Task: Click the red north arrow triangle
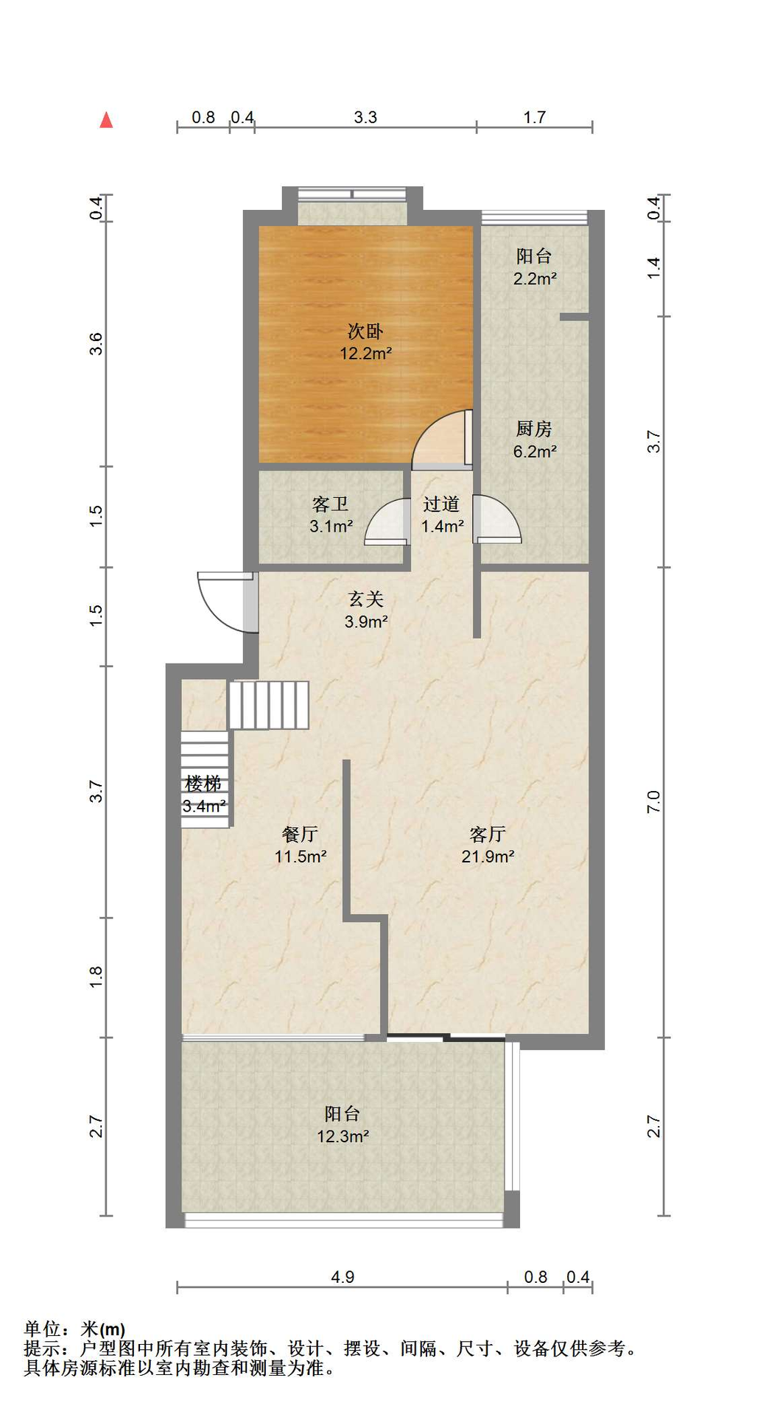[x=106, y=120]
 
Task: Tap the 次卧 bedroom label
[x=365, y=331]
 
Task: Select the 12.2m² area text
[x=365, y=353]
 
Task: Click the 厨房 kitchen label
[x=534, y=429]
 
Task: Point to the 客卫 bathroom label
[x=330, y=504]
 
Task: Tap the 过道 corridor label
[x=441, y=504]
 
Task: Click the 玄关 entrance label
[x=366, y=599]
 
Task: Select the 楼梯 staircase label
[x=203, y=784]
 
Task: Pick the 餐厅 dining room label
[x=300, y=834]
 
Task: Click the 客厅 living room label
[x=488, y=834]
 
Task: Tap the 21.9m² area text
[x=488, y=857]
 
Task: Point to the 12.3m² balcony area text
[x=343, y=1136]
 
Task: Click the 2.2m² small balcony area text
[x=535, y=278]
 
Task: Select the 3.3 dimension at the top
[x=365, y=117]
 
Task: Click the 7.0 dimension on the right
[x=653, y=801]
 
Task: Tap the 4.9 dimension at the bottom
[x=343, y=1277]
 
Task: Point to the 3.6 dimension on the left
[x=96, y=344]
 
